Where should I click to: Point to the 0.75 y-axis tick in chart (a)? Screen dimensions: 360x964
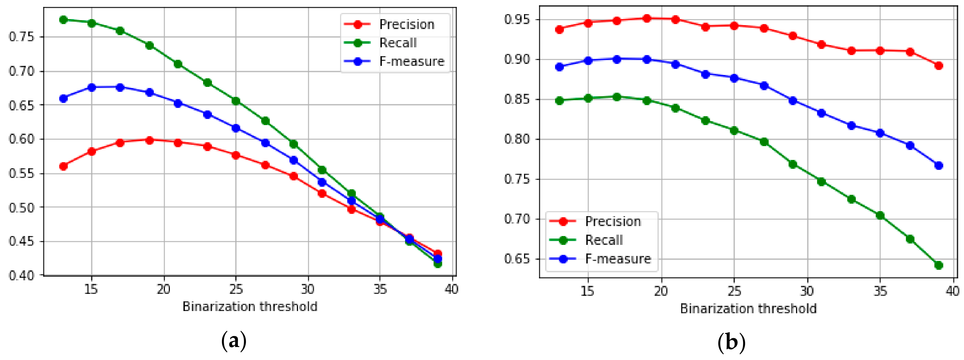pyautogui.click(x=22, y=37)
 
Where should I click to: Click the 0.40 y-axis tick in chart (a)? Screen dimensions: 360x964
pyautogui.click(x=22, y=275)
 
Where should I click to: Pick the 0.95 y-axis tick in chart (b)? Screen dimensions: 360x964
pyautogui.click(x=517, y=19)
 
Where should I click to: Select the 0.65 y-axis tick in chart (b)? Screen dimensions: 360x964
pyautogui.click(x=517, y=259)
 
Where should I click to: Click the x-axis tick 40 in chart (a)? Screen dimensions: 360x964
pyautogui.click(x=451, y=289)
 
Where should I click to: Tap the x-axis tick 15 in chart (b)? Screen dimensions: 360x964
pyautogui.click(x=587, y=291)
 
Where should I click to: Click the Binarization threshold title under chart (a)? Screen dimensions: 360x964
pyautogui.click(x=250, y=307)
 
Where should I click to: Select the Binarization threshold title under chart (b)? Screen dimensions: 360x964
pyautogui.click(x=748, y=309)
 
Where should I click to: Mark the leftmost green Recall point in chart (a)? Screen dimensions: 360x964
pyautogui.click(x=64, y=19)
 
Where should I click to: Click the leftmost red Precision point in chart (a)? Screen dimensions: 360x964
pyautogui.click(x=64, y=166)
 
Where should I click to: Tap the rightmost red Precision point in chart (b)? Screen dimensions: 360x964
pyautogui.click(x=939, y=66)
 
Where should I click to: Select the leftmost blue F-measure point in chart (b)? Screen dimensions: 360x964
pyautogui.click(x=559, y=67)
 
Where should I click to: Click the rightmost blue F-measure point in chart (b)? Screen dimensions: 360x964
pyautogui.click(x=939, y=165)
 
